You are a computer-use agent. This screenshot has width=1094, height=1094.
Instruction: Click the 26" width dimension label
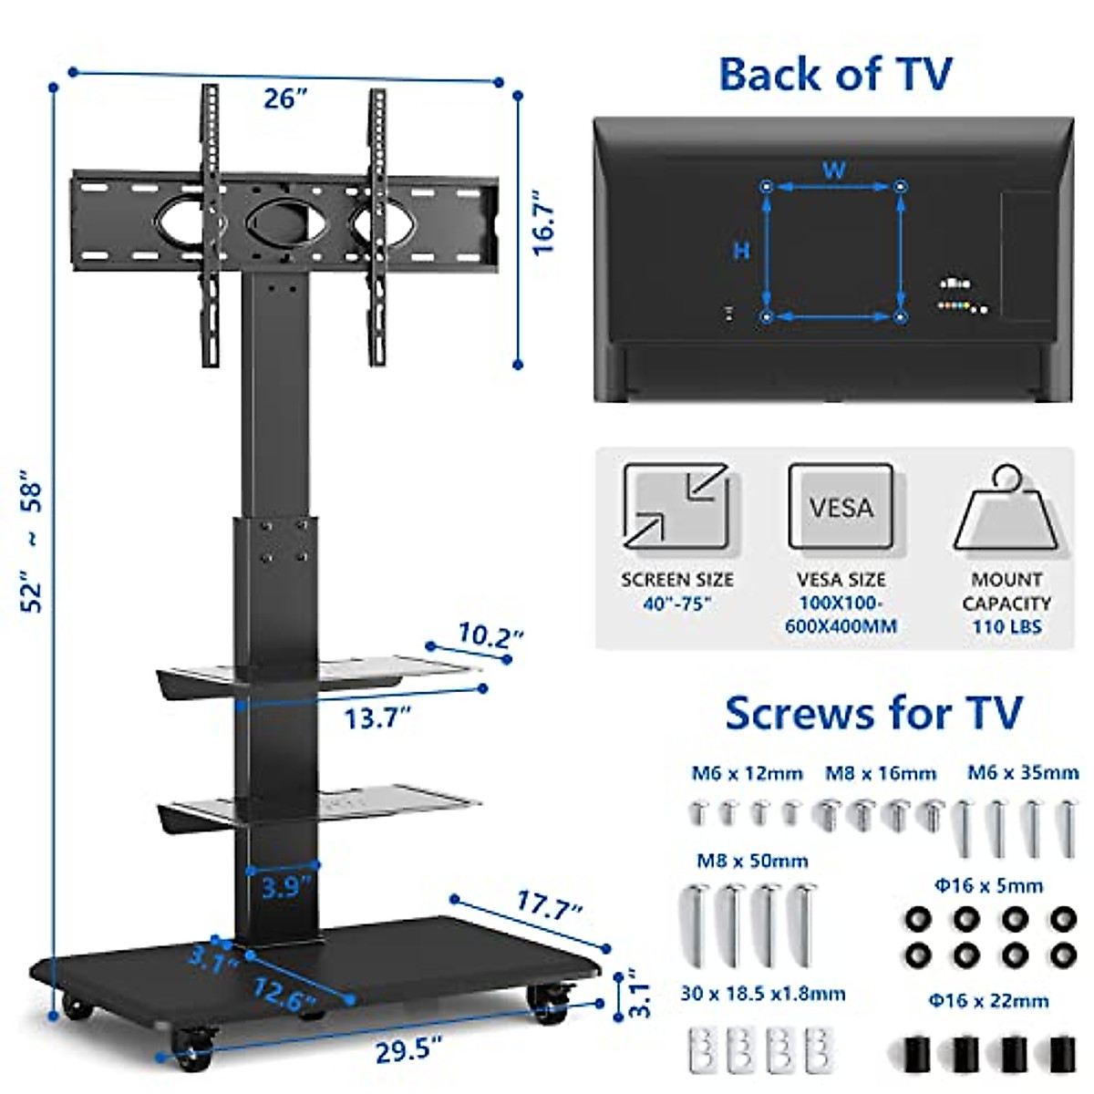(x=284, y=98)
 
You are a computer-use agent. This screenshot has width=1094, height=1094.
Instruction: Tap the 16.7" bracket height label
(x=544, y=223)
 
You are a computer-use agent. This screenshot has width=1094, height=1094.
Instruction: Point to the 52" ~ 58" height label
(x=33, y=540)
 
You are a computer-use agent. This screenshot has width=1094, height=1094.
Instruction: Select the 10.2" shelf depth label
(x=490, y=635)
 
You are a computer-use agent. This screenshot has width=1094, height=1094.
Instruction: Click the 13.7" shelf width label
(x=377, y=718)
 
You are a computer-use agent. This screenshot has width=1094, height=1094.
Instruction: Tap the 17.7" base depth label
(x=549, y=905)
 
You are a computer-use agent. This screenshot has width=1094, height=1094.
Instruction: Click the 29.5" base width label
(x=408, y=1050)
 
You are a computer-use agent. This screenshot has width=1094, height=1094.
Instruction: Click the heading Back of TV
(x=835, y=74)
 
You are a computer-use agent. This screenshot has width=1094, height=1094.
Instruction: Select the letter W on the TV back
(x=833, y=170)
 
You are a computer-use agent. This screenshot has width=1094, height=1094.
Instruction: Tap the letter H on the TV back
(x=741, y=251)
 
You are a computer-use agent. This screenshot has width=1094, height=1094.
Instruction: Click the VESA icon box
(x=841, y=507)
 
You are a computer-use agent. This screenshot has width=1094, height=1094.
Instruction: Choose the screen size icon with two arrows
(x=676, y=507)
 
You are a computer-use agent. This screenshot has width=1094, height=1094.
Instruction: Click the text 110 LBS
(x=1006, y=627)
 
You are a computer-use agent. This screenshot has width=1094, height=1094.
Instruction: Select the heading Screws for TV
(x=873, y=713)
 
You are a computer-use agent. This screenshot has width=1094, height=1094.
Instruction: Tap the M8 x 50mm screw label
(x=752, y=861)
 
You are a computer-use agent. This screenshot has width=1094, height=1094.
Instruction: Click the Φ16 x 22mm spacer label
(x=988, y=1001)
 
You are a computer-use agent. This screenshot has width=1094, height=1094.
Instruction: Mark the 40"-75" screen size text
(x=676, y=604)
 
